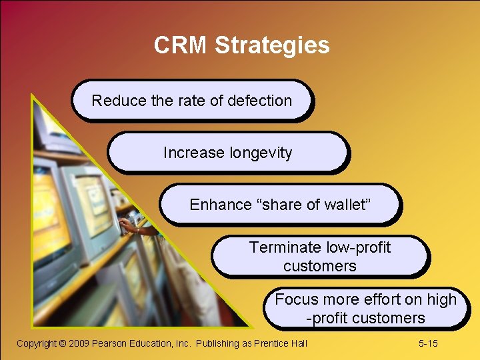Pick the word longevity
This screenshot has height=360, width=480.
260,153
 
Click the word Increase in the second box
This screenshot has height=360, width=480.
194,153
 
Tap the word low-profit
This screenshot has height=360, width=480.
359,247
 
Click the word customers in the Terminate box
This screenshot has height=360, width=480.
320,266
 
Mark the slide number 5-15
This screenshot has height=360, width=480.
428,343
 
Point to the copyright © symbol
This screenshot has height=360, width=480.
63,343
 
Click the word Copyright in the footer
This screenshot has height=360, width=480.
37,343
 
